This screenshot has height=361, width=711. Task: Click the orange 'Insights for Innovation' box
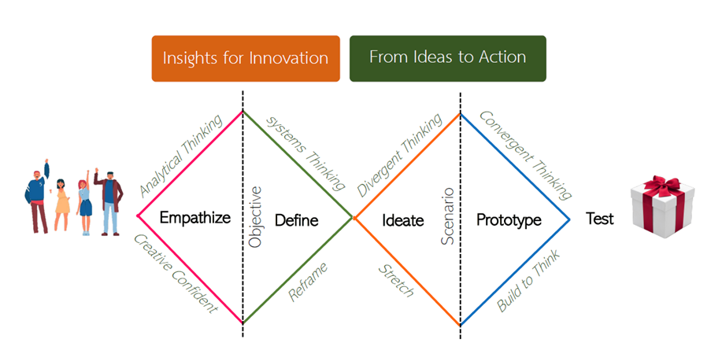pos(246,58)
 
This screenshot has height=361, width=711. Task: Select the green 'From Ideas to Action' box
pos(447,58)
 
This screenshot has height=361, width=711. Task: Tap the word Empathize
pos(195,218)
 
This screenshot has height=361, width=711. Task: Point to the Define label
pos(297,220)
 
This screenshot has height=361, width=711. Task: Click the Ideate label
pos(402,220)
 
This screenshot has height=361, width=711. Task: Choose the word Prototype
pos(509,220)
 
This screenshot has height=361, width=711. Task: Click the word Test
pos(599,219)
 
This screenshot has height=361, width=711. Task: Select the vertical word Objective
pos(255,217)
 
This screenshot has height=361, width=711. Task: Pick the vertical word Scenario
pos(447,216)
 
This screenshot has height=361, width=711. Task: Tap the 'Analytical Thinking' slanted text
pos(181,156)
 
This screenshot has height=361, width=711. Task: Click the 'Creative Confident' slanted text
pos(176,274)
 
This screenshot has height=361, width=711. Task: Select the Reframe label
pos(308,282)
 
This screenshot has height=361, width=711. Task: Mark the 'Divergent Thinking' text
pos(399,155)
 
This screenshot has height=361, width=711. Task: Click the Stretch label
pos(396,281)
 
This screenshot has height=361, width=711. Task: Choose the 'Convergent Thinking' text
pos(525,155)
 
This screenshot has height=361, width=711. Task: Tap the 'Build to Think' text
pos(528,280)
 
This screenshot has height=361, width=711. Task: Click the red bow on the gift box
pos(662,187)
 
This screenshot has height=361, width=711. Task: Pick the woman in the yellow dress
pos(62,204)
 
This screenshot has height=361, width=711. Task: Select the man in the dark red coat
pos(109,202)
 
